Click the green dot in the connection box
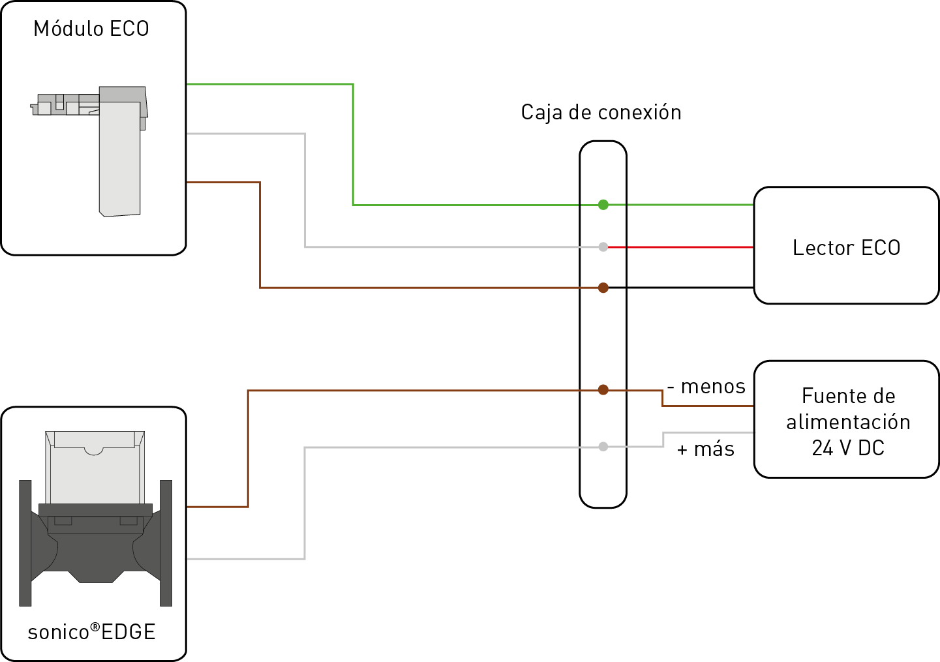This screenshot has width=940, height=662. [603, 205]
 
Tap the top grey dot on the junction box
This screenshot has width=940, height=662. [603, 247]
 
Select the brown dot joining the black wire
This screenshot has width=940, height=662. [603, 288]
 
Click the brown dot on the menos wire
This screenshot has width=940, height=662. [603, 390]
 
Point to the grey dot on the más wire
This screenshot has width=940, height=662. [603, 447]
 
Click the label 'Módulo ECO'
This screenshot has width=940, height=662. [91, 29]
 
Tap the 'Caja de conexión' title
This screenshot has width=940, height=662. [601, 113]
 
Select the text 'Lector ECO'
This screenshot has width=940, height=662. [846, 248]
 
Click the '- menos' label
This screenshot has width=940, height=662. [706, 387]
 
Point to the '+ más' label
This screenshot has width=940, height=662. [706, 449]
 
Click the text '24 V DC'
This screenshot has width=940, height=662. [847, 448]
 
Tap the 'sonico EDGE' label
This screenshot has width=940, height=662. [92, 632]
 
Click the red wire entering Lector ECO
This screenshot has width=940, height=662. [678, 247]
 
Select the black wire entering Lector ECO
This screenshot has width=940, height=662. [678, 288]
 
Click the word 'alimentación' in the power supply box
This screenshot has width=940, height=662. [847, 422]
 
